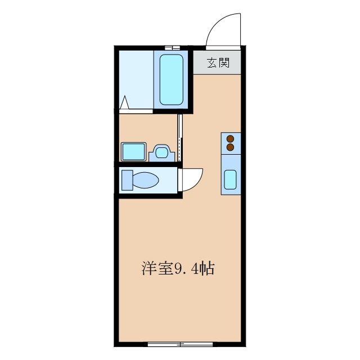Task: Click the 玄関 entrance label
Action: click(x=218, y=62)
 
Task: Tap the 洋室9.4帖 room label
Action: click(x=177, y=269)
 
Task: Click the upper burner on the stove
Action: click(x=230, y=138)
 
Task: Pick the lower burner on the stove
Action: click(x=230, y=147)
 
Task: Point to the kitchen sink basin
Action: click(x=231, y=179)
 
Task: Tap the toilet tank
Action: click(x=127, y=181)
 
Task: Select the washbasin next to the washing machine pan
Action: click(x=162, y=152)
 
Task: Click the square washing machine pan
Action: click(x=133, y=152)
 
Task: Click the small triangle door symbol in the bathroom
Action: click(x=125, y=103)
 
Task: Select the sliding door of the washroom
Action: click(x=180, y=138)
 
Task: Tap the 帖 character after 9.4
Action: click(x=206, y=269)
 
